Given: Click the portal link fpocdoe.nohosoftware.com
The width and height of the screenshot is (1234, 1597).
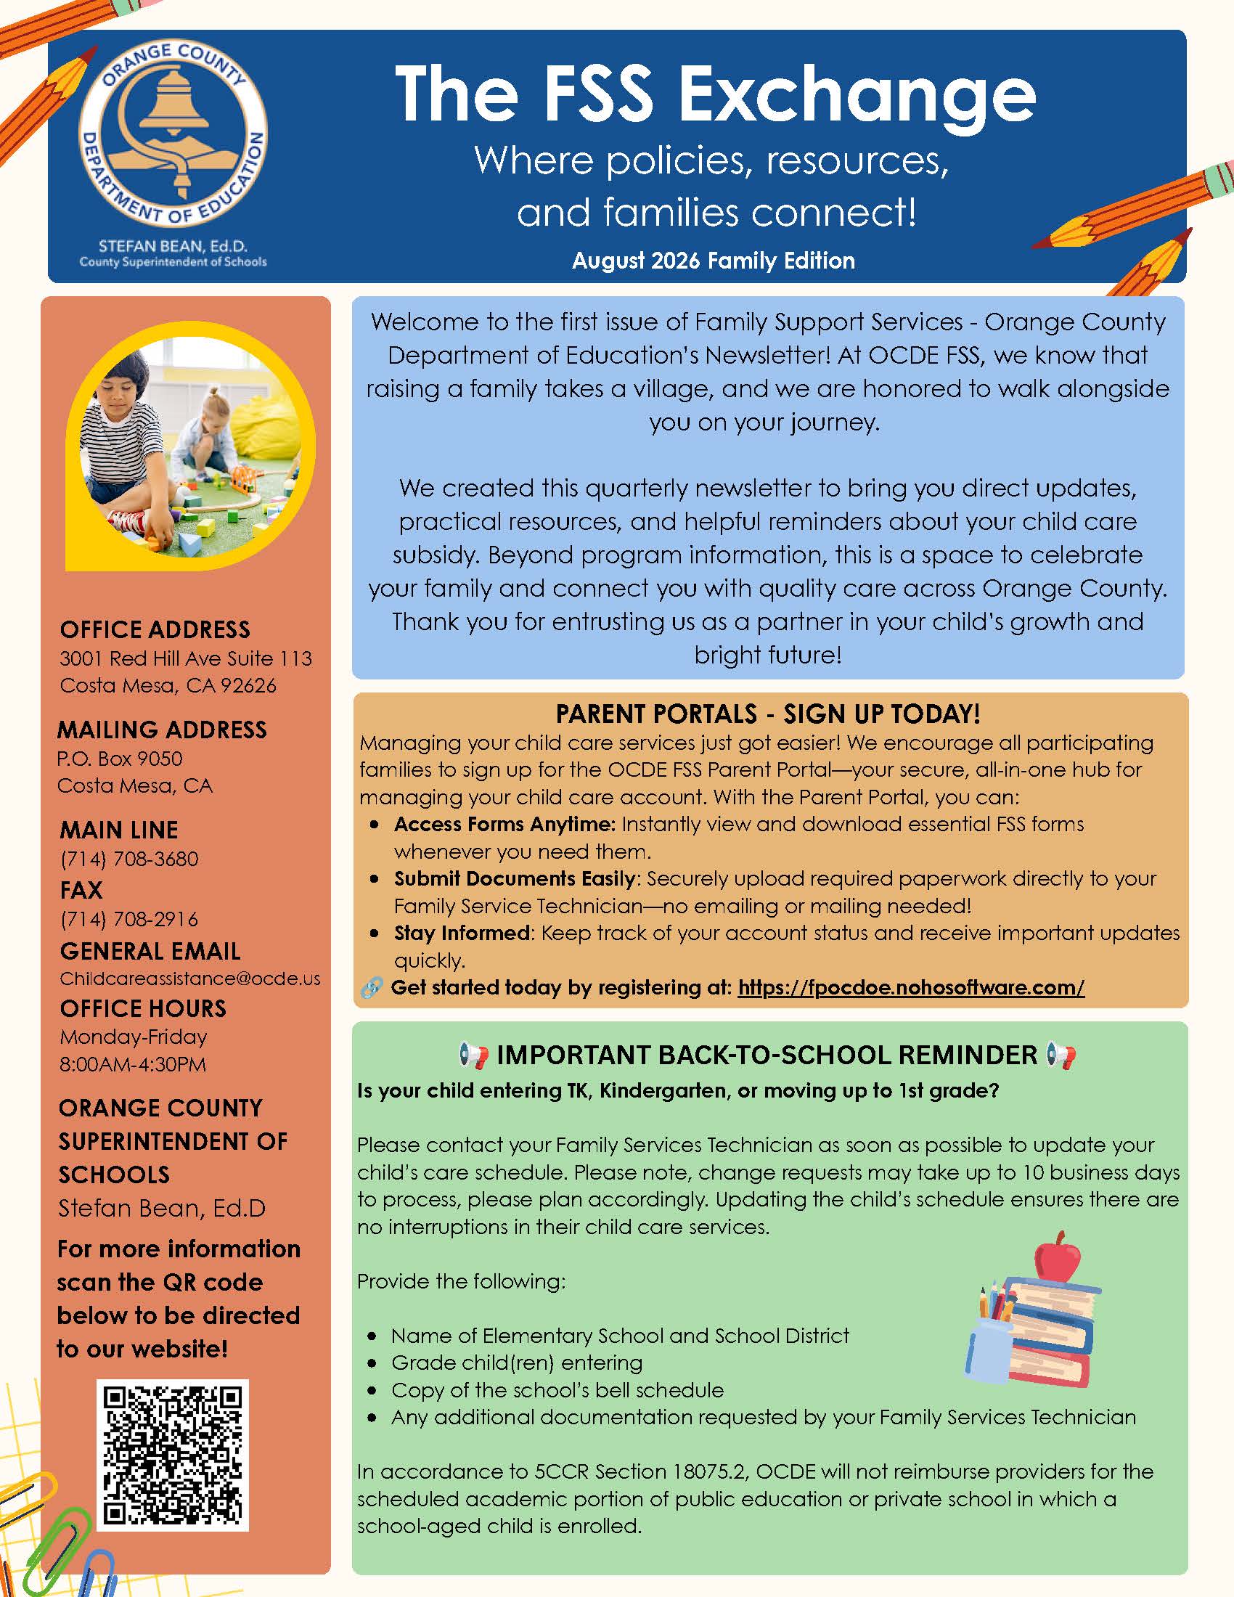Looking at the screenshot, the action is pyautogui.click(x=911, y=987).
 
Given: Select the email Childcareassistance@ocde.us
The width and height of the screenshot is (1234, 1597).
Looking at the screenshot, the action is pyautogui.click(x=190, y=979).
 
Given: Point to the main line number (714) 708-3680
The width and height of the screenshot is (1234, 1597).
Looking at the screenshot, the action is pyautogui.click(x=129, y=859).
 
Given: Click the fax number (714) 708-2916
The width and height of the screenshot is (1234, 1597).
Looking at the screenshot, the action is pyautogui.click(x=129, y=919).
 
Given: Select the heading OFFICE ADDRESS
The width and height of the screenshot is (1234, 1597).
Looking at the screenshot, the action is pyautogui.click(x=155, y=629).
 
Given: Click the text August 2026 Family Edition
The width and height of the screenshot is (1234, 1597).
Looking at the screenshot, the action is pyautogui.click(x=714, y=261).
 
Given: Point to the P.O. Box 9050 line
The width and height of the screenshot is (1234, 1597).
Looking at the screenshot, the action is pyautogui.click(x=120, y=759).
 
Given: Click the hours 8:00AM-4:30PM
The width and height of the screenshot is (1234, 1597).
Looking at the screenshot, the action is pyautogui.click(x=133, y=1064).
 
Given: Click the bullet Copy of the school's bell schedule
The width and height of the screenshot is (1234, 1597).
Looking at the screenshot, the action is pyautogui.click(x=557, y=1390).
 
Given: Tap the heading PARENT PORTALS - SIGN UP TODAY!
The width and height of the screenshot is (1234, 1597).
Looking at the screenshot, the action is pyautogui.click(x=767, y=714).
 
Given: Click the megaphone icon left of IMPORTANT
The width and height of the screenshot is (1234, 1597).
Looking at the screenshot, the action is pyautogui.click(x=474, y=1055).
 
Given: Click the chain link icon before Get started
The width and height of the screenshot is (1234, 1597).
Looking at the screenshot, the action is pyautogui.click(x=372, y=988).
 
